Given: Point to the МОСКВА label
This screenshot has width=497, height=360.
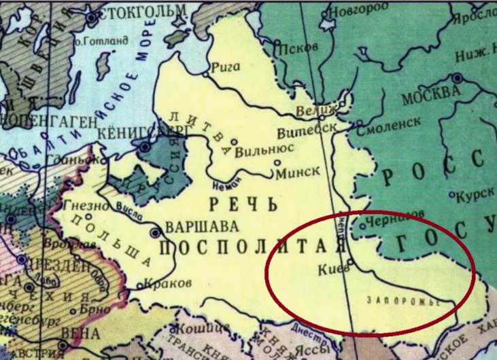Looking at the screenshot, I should pyautogui.click(x=426, y=97).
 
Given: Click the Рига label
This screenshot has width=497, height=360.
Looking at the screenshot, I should pyautogui.click(x=224, y=67).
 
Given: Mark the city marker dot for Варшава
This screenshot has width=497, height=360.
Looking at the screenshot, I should pyautogui.click(x=156, y=231).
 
